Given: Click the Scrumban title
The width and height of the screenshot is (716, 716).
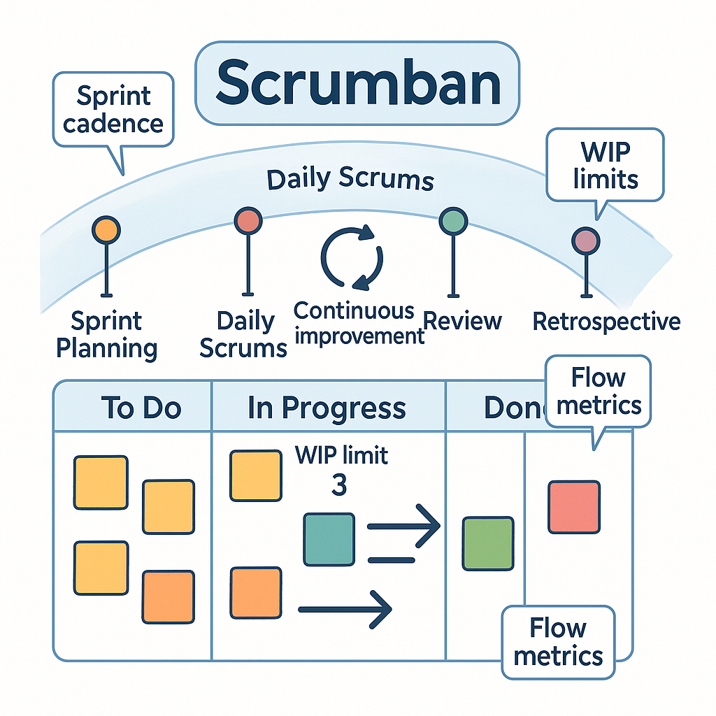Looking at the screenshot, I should (x=357, y=83).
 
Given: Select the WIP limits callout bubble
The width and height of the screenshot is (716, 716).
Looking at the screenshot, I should (x=606, y=165).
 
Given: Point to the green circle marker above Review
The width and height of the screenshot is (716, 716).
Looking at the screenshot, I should (x=452, y=222).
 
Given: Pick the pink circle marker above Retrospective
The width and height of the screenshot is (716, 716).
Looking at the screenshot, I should (x=585, y=241).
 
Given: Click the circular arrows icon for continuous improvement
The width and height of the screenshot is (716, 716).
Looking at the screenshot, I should (x=351, y=257).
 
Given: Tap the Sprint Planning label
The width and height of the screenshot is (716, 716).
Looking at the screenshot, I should (x=106, y=334).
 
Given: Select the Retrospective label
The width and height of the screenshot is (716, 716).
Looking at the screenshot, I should (x=606, y=321).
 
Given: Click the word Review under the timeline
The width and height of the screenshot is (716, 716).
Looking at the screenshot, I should (x=463, y=321).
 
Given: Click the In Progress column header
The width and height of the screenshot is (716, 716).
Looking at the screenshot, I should (x=327, y=408).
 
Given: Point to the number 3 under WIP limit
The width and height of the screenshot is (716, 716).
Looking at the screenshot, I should (x=338, y=485).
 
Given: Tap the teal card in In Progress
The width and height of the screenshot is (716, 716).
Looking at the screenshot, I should (x=329, y=538).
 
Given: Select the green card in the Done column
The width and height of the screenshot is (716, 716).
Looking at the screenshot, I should (x=488, y=543).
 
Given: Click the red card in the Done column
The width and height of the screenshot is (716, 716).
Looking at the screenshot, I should (x=573, y=507).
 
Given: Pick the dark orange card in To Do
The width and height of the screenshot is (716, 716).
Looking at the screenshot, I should (x=168, y=596).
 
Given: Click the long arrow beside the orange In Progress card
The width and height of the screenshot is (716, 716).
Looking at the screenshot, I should (x=344, y=610).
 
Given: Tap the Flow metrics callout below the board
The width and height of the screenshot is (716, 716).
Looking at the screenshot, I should (x=558, y=642).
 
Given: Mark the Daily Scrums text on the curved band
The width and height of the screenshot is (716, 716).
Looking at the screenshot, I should (x=350, y=180).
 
